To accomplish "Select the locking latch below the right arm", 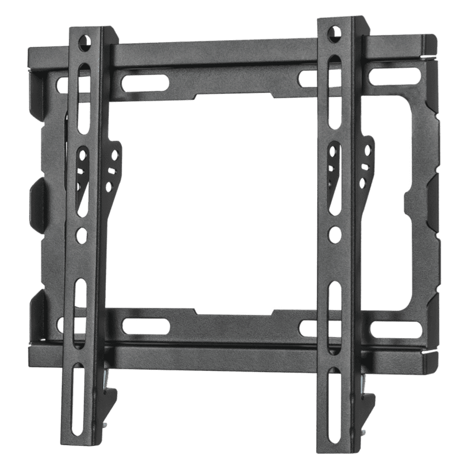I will tap(365, 393).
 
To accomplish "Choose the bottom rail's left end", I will tap(39, 348).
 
